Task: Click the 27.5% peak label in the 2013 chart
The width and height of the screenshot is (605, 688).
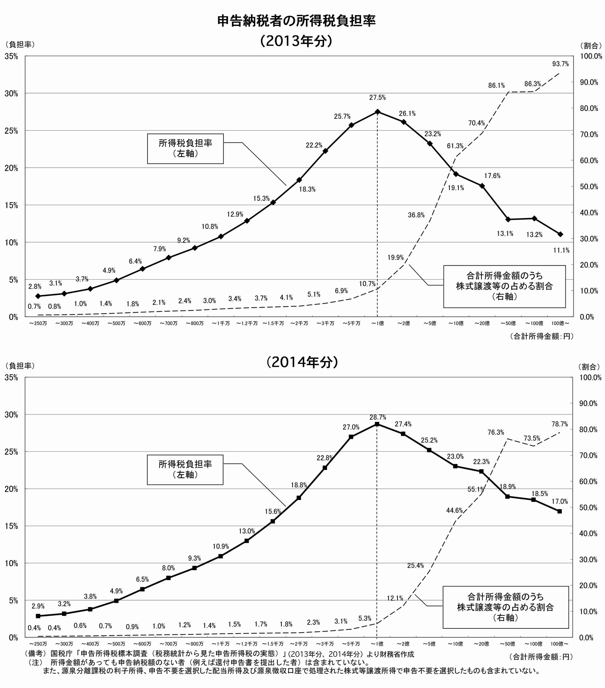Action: click(377, 98)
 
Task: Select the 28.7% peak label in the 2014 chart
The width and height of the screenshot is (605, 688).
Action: click(378, 417)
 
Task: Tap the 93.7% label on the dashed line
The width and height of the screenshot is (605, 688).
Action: click(560, 64)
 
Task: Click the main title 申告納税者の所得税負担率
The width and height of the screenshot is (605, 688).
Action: click(296, 21)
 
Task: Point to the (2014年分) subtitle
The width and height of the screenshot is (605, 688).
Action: click(302, 362)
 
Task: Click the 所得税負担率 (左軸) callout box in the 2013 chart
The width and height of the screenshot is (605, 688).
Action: click(185, 148)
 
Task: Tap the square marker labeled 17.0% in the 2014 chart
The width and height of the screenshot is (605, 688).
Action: click(560, 511)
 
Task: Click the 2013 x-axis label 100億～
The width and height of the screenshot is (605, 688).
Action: click(560, 323)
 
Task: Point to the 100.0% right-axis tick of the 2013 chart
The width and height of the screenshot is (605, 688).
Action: click(591, 56)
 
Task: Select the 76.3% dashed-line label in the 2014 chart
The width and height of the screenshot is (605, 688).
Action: click(496, 433)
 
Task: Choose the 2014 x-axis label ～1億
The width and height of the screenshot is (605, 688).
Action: click(377, 644)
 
